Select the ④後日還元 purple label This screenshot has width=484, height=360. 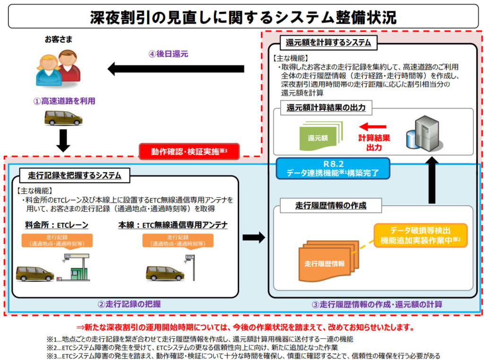(168, 54)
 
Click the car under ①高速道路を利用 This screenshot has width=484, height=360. (63, 118)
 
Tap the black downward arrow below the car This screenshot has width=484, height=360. (63, 140)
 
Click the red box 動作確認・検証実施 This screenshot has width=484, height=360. (190, 152)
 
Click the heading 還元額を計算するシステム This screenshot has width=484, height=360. (328, 43)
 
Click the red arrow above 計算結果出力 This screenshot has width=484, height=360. (373, 127)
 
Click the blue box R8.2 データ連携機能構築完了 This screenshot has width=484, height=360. (333, 168)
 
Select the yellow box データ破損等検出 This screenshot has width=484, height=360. (420, 236)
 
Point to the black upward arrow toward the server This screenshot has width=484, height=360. (432, 180)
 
